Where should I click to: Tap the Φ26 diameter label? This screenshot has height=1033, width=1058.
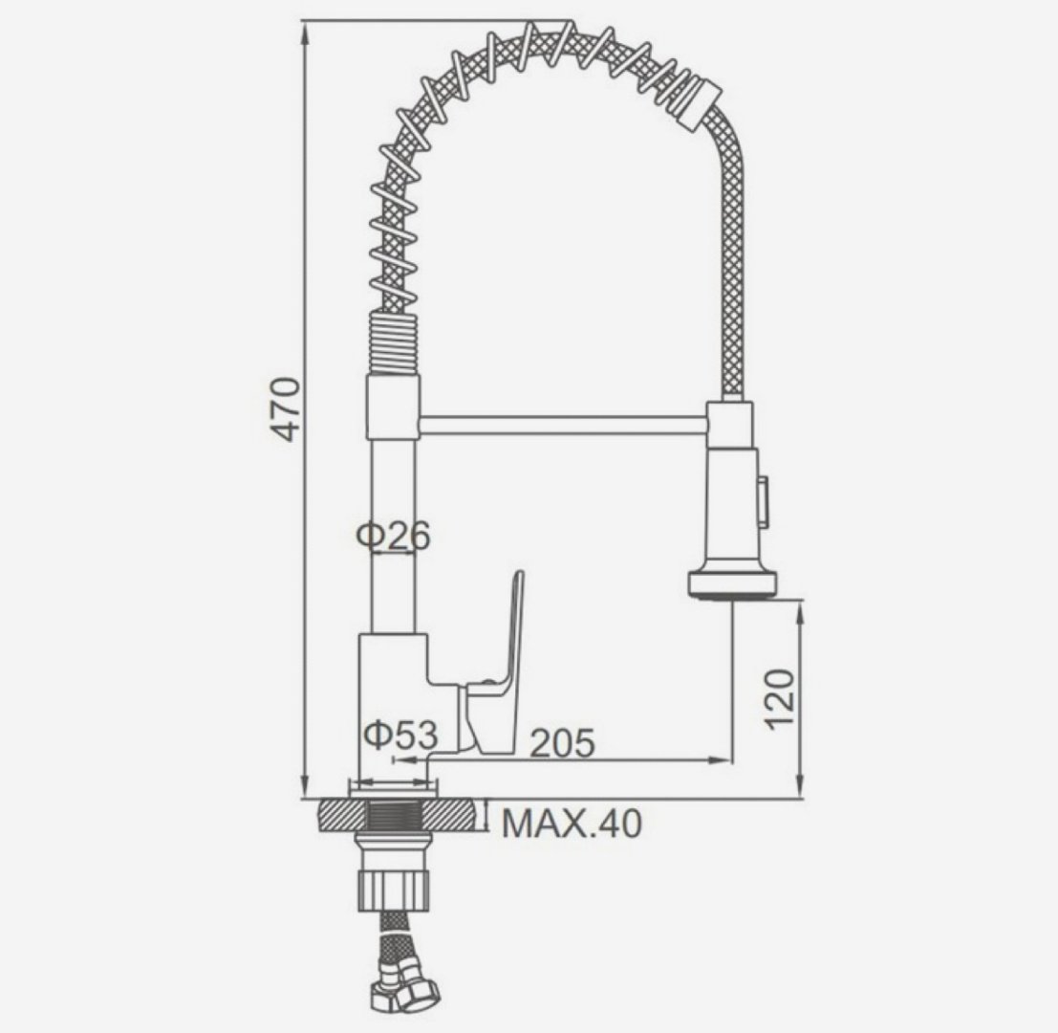[x=394, y=537]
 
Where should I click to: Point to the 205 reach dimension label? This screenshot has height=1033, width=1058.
[x=563, y=743]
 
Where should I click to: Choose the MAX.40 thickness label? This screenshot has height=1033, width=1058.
[x=572, y=823]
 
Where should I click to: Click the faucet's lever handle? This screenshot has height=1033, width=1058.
[x=498, y=670]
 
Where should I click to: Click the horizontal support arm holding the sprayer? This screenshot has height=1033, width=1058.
[x=563, y=426]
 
